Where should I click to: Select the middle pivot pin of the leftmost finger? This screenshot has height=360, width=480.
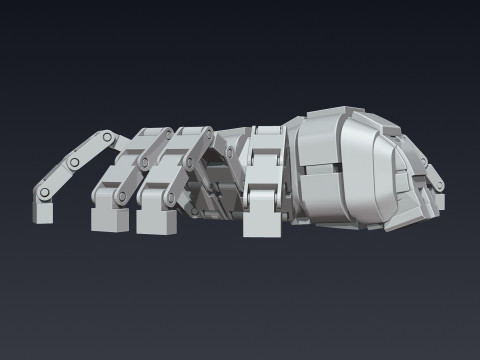pos(72,162)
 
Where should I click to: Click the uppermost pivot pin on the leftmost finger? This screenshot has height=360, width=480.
pos(105,135)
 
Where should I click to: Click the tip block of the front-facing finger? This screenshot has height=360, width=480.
pos(262,224)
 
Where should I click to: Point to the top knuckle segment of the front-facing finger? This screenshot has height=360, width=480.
pos(268,145)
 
